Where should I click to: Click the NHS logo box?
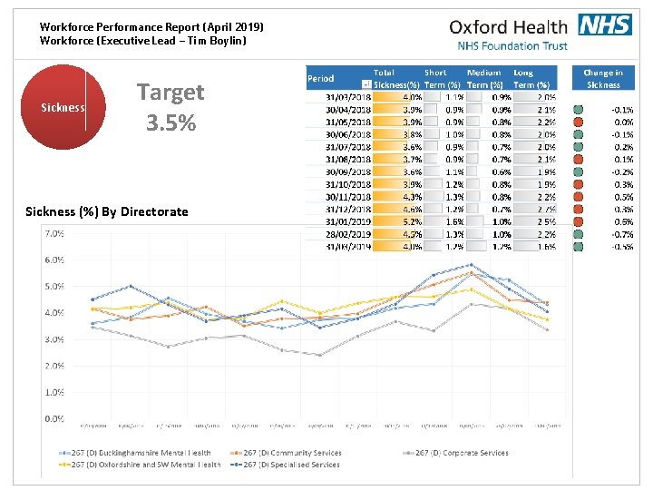pyautogui.click(x=604, y=25)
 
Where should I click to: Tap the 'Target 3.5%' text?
pyautogui.click(x=171, y=106)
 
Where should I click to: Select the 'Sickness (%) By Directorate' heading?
pyautogui.click(x=107, y=211)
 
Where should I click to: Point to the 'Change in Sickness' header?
pyautogui.click(x=603, y=78)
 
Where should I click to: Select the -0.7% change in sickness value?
pyautogui.click(x=620, y=233)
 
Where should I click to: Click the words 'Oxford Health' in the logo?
pyautogui.click(x=508, y=27)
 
